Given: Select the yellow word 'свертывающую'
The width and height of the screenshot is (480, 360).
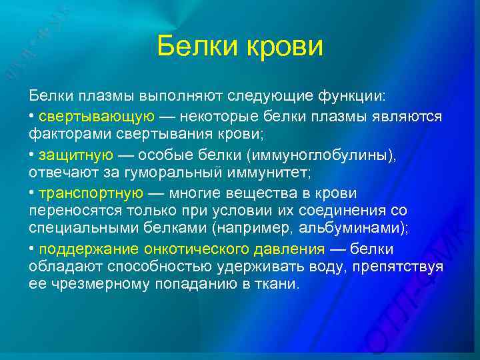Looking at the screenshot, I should pos(97,117).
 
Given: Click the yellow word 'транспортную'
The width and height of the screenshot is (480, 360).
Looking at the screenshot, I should pos(91,193).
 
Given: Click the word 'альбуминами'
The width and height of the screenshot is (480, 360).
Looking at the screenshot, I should pos(357,228).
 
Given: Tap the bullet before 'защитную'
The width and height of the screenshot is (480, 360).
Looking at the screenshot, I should pos(32,155).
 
